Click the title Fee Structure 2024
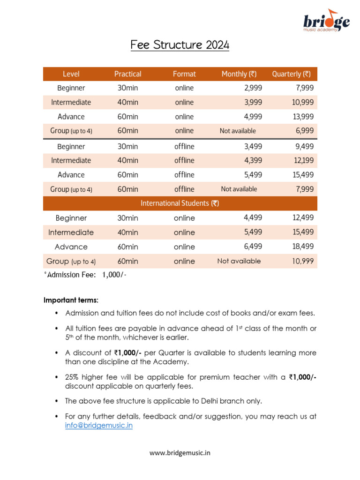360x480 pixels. click(180, 45)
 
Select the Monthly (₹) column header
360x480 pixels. click(239, 74)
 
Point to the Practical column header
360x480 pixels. click(127, 74)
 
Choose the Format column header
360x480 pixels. click(184, 74)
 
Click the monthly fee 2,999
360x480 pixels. click(253, 88)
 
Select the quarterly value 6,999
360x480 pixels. click(305, 131)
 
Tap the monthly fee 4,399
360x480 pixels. click(253, 160)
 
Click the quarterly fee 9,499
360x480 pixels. click(305, 146)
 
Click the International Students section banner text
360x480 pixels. click(180, 203)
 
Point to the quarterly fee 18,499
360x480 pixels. click(303, 247)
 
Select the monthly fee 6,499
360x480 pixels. click(253, 247)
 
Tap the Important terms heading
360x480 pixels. click(71, 300)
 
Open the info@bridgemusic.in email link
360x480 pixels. click(99, 426)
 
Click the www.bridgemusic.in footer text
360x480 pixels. click(180, 453)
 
